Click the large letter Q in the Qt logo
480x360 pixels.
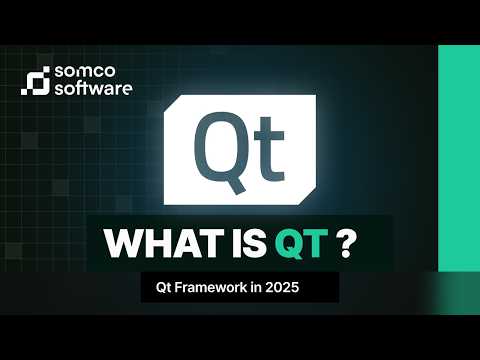(213, 148)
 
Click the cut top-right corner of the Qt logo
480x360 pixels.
(305, 104)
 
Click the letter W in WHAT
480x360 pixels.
(122, 244)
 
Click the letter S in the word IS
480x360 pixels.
(252, 244)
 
